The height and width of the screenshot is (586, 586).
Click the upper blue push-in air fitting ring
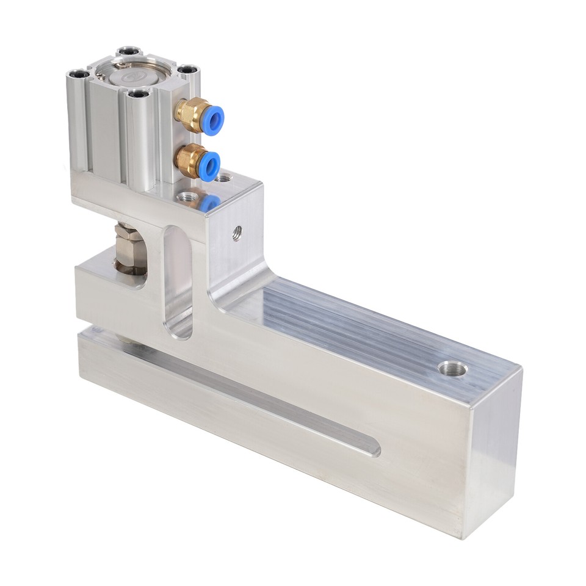(213, 120)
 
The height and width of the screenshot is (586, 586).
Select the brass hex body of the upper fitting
(190, 114)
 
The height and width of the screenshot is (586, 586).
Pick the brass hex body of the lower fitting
(189, 160)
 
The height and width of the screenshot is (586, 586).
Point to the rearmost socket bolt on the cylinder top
(129, 51)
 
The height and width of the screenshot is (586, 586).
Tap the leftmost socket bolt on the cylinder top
(79, 74)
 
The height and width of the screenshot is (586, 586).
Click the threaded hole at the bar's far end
(453, 368)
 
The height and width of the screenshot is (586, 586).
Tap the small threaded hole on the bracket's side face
(237, 232)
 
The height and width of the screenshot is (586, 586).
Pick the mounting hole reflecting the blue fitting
(187, 197)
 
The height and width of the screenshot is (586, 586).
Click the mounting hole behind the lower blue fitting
(225, 179)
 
